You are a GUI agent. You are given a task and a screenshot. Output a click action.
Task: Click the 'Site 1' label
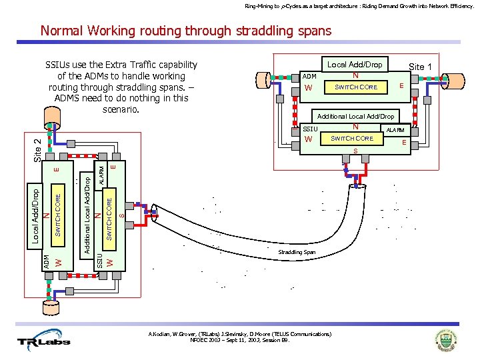coord(420,67)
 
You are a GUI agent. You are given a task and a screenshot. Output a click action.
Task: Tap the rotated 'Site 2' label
coord(38,148)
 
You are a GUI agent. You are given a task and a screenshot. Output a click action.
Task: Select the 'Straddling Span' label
coord(297,253)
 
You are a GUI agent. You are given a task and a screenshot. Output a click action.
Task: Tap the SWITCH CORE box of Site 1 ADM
coord(355,87)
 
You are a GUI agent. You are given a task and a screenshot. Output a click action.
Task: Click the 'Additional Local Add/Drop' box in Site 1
coord(355,116)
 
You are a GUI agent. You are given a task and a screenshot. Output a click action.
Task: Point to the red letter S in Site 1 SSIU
coord(355,151)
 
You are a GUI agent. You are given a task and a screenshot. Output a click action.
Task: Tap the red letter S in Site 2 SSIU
coord(121,214)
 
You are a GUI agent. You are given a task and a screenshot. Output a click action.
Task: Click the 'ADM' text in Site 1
coord(309,77)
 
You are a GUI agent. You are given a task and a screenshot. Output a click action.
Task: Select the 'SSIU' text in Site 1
coord(311,129)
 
